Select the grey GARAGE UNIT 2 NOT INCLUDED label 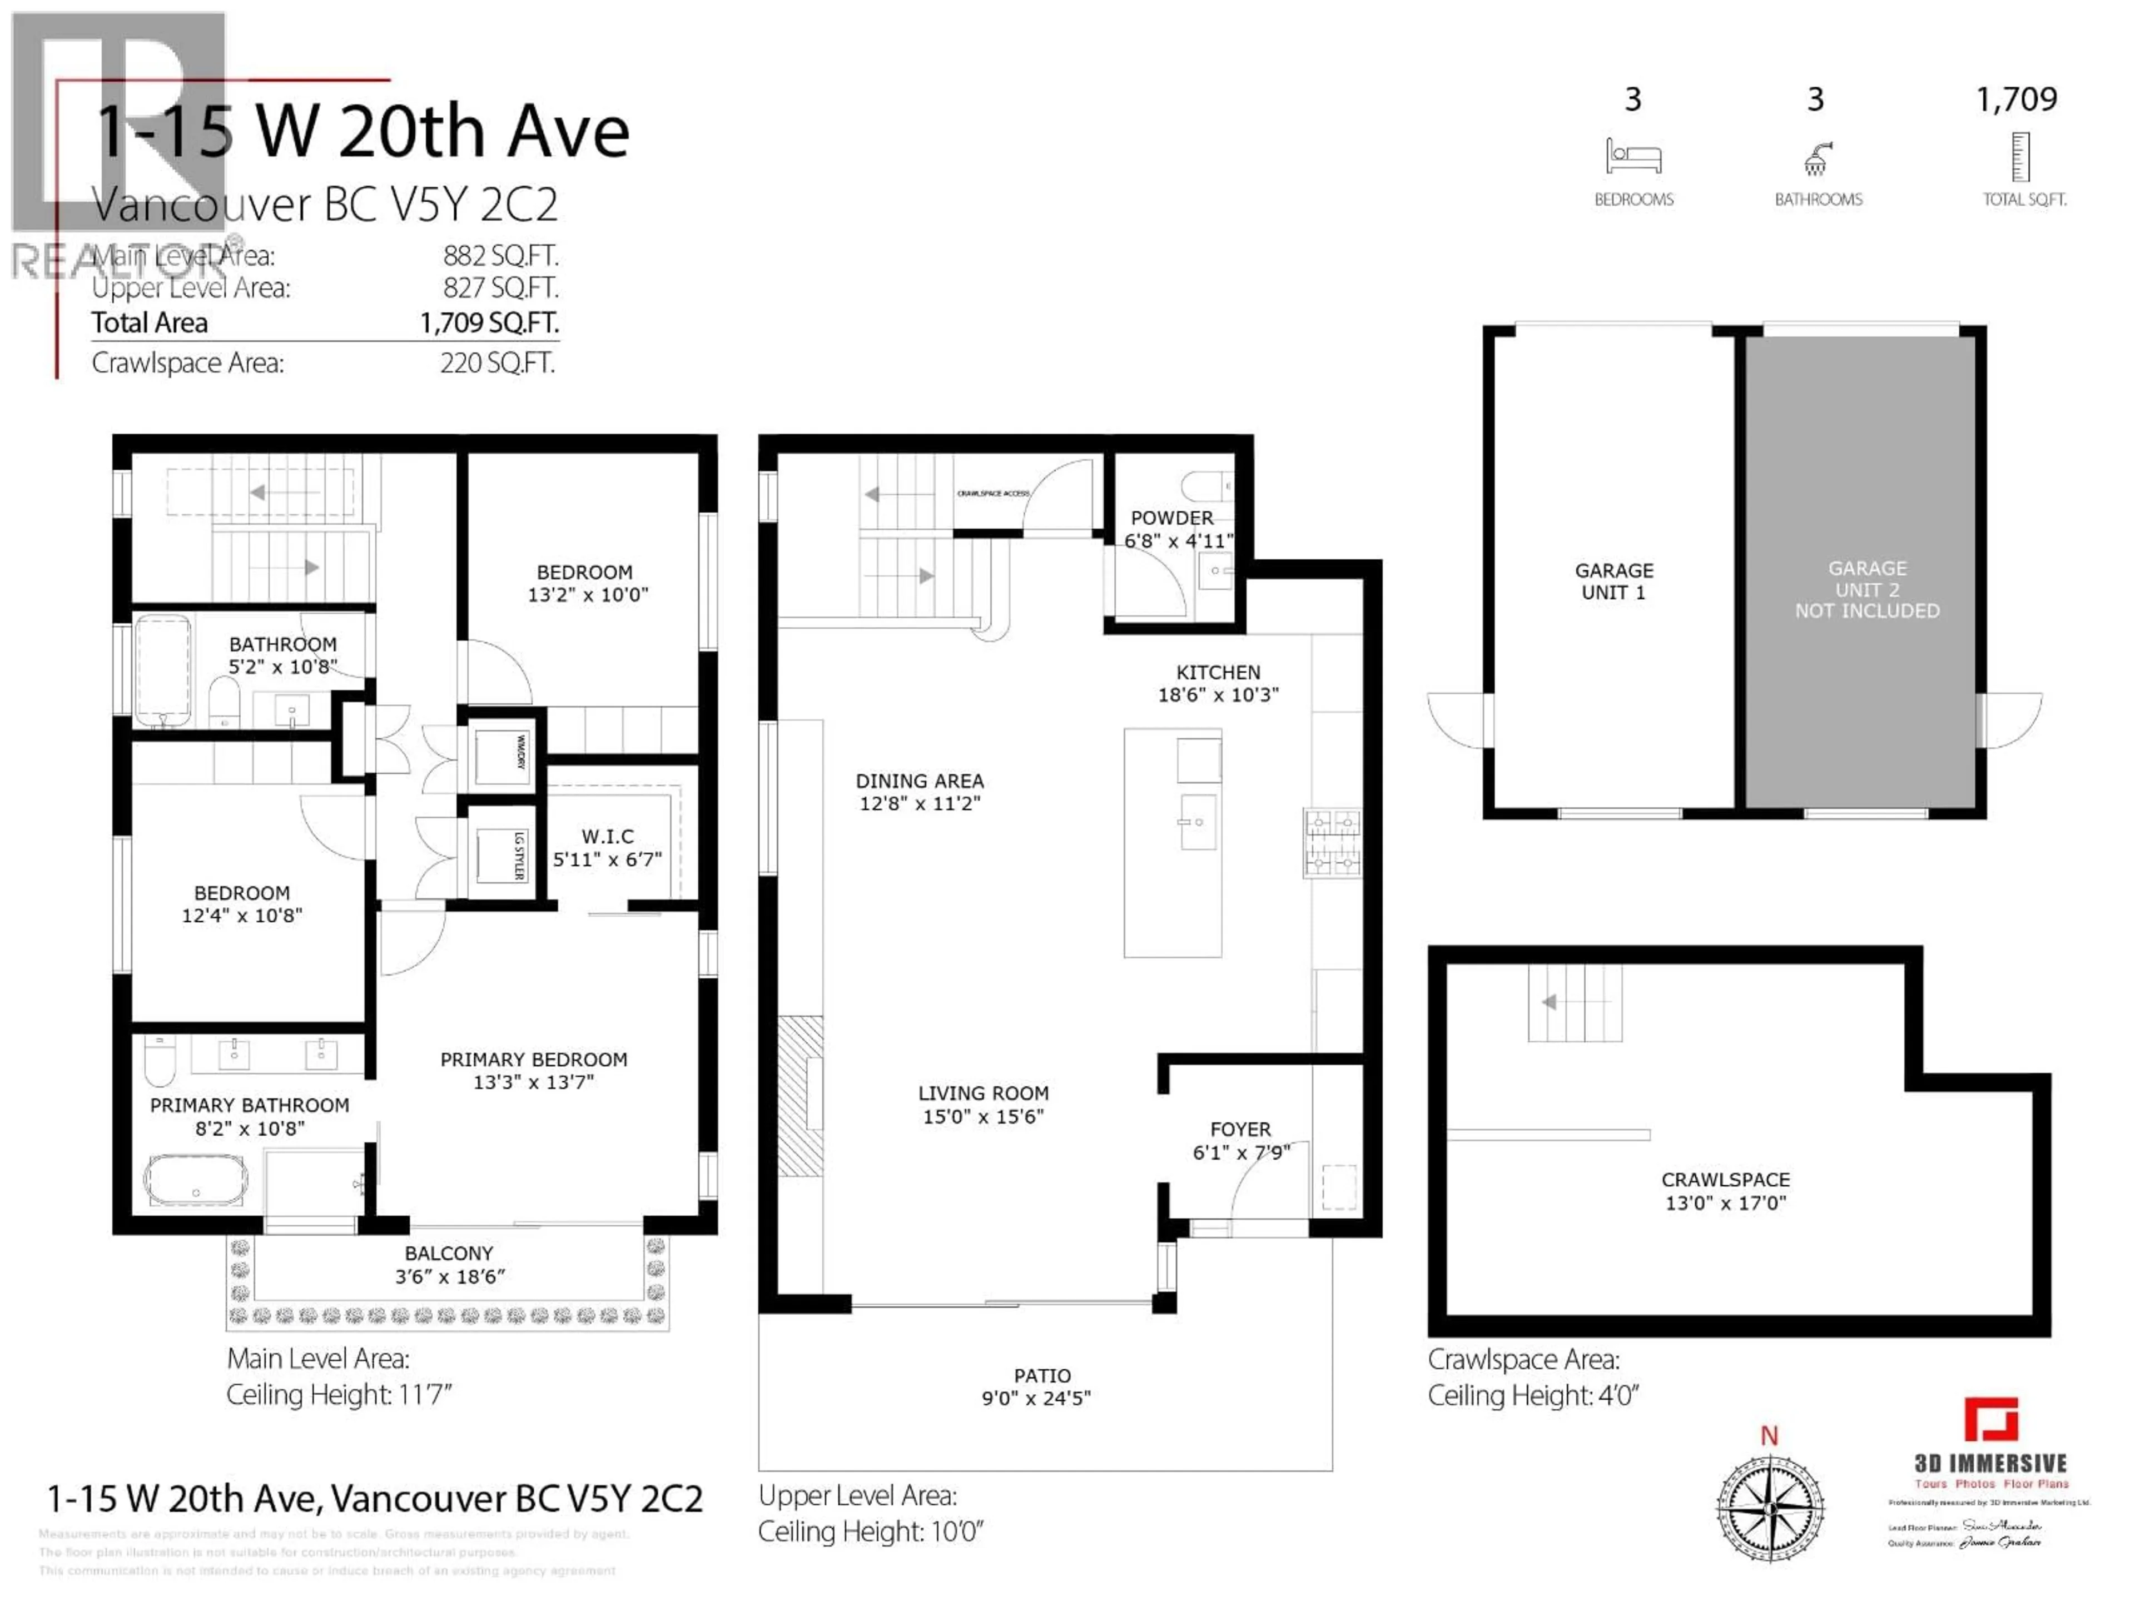point(1866,590)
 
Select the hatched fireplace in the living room point(800,1095)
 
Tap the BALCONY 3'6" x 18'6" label point(449,1264)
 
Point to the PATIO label point(1041,1375)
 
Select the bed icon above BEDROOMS point(1633,156)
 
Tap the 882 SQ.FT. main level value point(500,256)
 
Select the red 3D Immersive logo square point(1990,1420)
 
